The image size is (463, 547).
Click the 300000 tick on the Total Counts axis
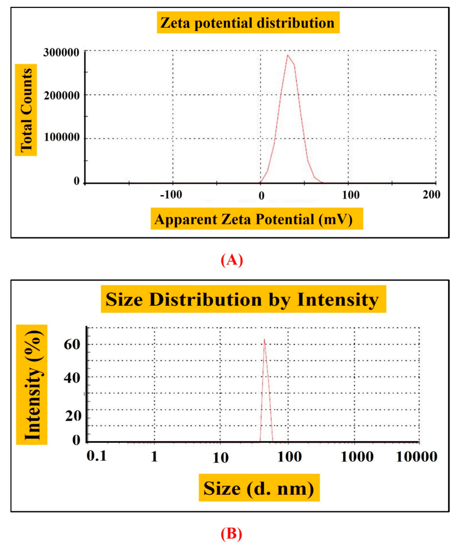61,53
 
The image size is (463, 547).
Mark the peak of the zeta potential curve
288,55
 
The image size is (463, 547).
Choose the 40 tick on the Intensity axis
72,378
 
